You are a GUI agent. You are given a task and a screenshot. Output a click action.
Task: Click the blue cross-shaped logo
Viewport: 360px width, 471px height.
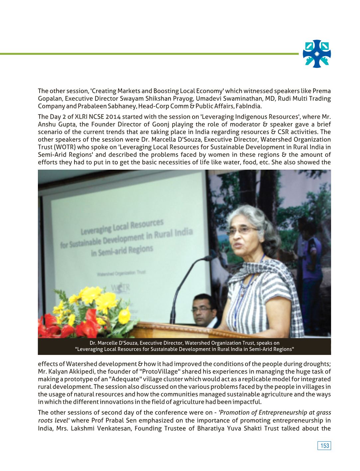coord(317,54)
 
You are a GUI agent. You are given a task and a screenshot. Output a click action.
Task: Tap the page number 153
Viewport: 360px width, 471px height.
coord(324,446)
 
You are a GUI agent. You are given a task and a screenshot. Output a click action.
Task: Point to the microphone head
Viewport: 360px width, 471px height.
coord(208,258)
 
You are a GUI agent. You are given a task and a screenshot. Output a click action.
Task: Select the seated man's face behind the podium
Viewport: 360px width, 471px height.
coord(202,310)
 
